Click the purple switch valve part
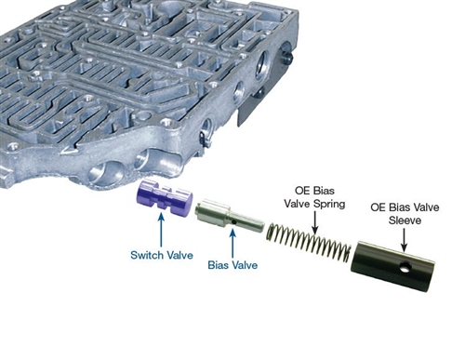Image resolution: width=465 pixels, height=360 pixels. [x=165, y=198]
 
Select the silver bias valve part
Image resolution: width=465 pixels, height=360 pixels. [x=230, y=218]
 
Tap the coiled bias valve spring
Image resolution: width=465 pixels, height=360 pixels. [x=309, y=244]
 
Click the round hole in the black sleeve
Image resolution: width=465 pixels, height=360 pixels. [x=405, y=267]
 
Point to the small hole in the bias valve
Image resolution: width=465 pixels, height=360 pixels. [x=234, y=222]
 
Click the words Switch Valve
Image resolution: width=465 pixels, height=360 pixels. [x=162, y=255]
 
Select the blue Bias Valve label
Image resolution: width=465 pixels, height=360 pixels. [x=232, y=265]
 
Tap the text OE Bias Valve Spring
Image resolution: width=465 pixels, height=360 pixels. [x=314, y=197]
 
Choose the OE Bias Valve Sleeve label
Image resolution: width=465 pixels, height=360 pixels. [x=405, y=213]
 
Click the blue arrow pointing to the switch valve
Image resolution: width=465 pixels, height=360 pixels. [x=161, y=231]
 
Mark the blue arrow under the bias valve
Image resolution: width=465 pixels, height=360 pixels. [x=232, y=243]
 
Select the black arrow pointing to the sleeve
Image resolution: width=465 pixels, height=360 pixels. [x=404, y=240]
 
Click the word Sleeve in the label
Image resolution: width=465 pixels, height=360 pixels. [x=405, y=220]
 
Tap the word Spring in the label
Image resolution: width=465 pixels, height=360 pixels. [x=329, y=205]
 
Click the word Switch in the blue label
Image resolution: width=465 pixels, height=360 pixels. [x=147, y=255]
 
